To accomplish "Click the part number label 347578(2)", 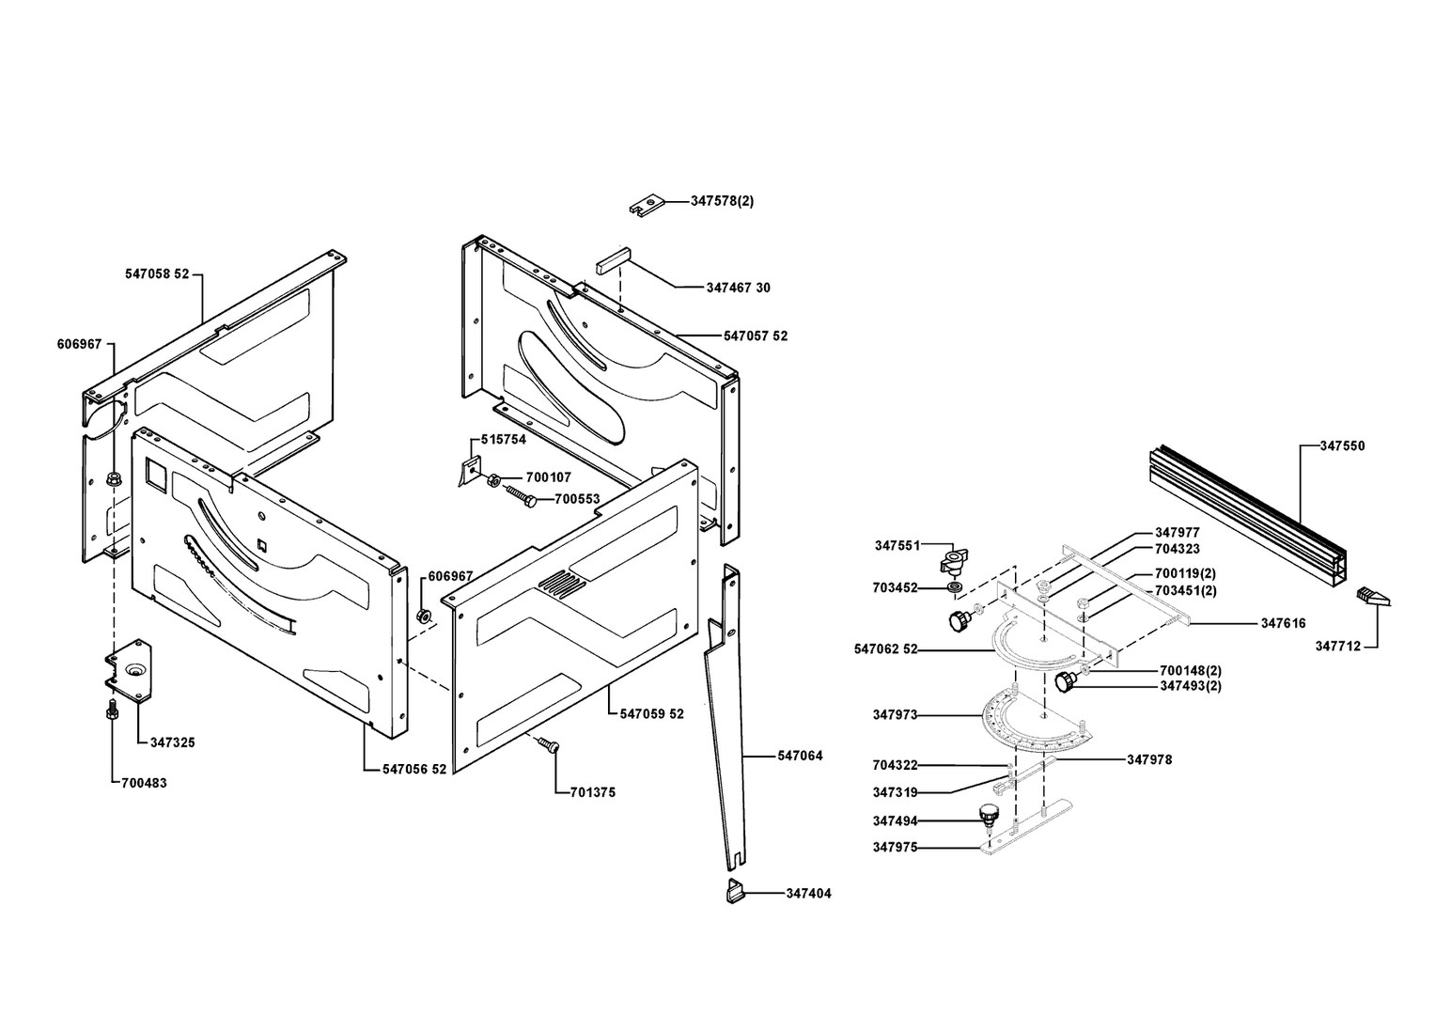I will click(x=722, y=201).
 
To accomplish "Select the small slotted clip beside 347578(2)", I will click(x=646, y=204).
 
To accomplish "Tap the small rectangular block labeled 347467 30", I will click(x=610, y=258).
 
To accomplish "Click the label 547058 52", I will click(x=157, y=273).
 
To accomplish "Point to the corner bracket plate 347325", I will click(x=129, y=670).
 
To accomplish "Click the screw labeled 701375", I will click(x=548, y=745).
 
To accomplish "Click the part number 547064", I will click(x=800, y=756).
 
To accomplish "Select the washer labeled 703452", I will click(x=954, y=589).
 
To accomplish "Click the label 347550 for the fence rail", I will click(x=1342, y=445).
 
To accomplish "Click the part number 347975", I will click(x=895, y=847).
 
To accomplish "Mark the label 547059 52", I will click(x=652, y=713).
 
